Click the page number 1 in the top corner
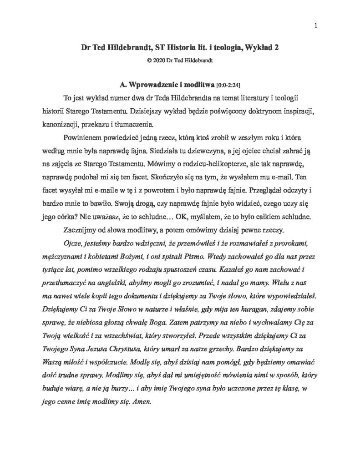click(315, 25)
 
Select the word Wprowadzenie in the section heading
click(154, 85)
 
